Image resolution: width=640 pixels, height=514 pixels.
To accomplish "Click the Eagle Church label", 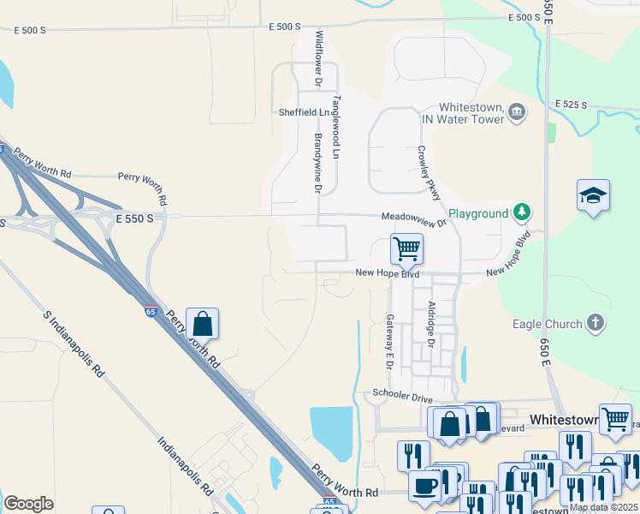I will coord(547,324).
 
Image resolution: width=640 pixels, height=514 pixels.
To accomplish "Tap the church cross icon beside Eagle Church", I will coord(596,323).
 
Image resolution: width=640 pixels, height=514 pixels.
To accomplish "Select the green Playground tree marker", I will coord(522,212).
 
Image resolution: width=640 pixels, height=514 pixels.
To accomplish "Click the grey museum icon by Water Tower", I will coord(516,112).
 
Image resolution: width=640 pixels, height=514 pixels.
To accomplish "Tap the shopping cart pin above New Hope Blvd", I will coord(406,248).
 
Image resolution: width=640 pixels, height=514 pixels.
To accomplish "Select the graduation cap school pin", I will coord(592,196).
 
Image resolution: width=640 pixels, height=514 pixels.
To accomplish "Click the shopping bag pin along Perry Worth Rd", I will coord(202,325).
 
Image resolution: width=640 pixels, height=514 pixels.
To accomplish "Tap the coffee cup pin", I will coord(424,486).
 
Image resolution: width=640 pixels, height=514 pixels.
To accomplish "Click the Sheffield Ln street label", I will coord(303,112).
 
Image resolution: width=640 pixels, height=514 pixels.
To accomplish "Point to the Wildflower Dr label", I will coord(318,59).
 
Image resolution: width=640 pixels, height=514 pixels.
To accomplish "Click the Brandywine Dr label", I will coord(317,163).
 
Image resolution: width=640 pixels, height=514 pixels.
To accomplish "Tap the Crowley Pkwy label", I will coord(429,173).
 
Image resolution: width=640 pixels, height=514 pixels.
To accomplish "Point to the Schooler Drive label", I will coord(402,395).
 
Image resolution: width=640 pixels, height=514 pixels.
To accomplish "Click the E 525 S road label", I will coord(570,105).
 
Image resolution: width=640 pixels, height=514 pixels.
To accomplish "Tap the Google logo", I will coord(28,504).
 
